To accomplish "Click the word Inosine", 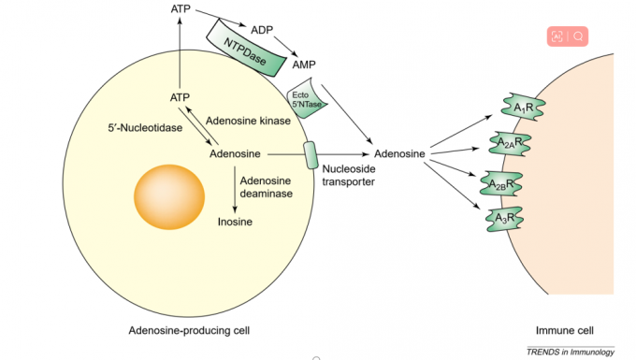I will tap(235, 222).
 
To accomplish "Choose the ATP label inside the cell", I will tap(181, 96).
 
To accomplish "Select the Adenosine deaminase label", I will tap(267, 187).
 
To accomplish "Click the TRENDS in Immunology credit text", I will tap(570, 351).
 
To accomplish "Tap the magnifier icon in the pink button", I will tap(579, 36).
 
